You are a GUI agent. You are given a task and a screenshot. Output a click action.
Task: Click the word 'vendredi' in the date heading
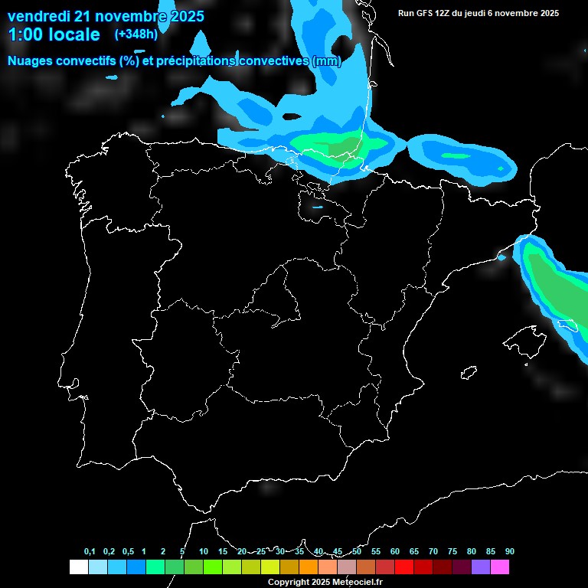pyautogui.click(x=38, y=16)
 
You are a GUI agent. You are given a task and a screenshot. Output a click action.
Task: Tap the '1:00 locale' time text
pyautogui.click(x=54, y=34)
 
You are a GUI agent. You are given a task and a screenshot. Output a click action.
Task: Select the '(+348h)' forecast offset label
pyautogui.click(x=136, y=34)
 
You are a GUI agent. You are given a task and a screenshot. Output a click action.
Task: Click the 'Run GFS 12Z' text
pyautogui.click(x=425, y=13)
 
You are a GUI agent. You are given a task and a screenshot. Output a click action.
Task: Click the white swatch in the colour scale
pyautogui.click(x=78, y=567)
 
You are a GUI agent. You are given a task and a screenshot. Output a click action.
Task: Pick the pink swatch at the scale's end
pyautogui.click(x=500, y=567)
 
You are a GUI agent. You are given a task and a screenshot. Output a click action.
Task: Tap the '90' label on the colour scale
pyautogui.click(x=509, y=552)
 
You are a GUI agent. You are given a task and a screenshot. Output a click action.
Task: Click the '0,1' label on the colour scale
pyautogui.click(x=89, y=552)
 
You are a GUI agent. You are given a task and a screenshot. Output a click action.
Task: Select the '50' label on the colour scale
pyautogui.click(x=357, y=552)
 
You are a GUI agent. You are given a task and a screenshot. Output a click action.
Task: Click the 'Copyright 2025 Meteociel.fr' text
pyautogui.click(x=325, y=582)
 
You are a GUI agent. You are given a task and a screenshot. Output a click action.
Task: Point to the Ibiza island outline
pyautogui.click(x=469, y=372)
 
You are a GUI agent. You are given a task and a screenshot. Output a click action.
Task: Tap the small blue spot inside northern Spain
pyautogui.click(x=318, y=206)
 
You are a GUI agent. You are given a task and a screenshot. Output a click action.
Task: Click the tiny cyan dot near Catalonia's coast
pyautogui.click(x=501, y=257)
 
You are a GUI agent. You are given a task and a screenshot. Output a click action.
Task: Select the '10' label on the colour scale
pyautogui.click(x=204, y=552)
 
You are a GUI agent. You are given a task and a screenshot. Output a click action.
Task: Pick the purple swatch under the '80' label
pyautogui.click(x=481, y=567)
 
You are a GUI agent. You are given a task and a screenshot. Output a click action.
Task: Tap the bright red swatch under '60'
pyautogui.click(x=404, y=567)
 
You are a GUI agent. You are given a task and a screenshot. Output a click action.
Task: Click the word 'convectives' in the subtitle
pyautogui.click(x=270, y=60)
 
